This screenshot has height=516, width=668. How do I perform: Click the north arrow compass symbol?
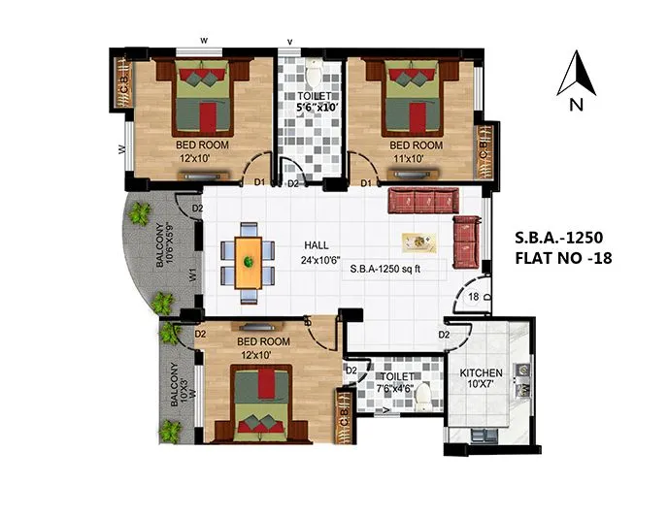point(575,76)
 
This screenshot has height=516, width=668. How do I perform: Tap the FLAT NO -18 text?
point(560,258)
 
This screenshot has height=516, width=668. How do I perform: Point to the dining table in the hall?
point(250,260)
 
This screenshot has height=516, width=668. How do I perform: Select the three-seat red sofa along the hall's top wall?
point(421,202)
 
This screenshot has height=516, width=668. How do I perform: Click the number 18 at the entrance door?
point(474,298)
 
